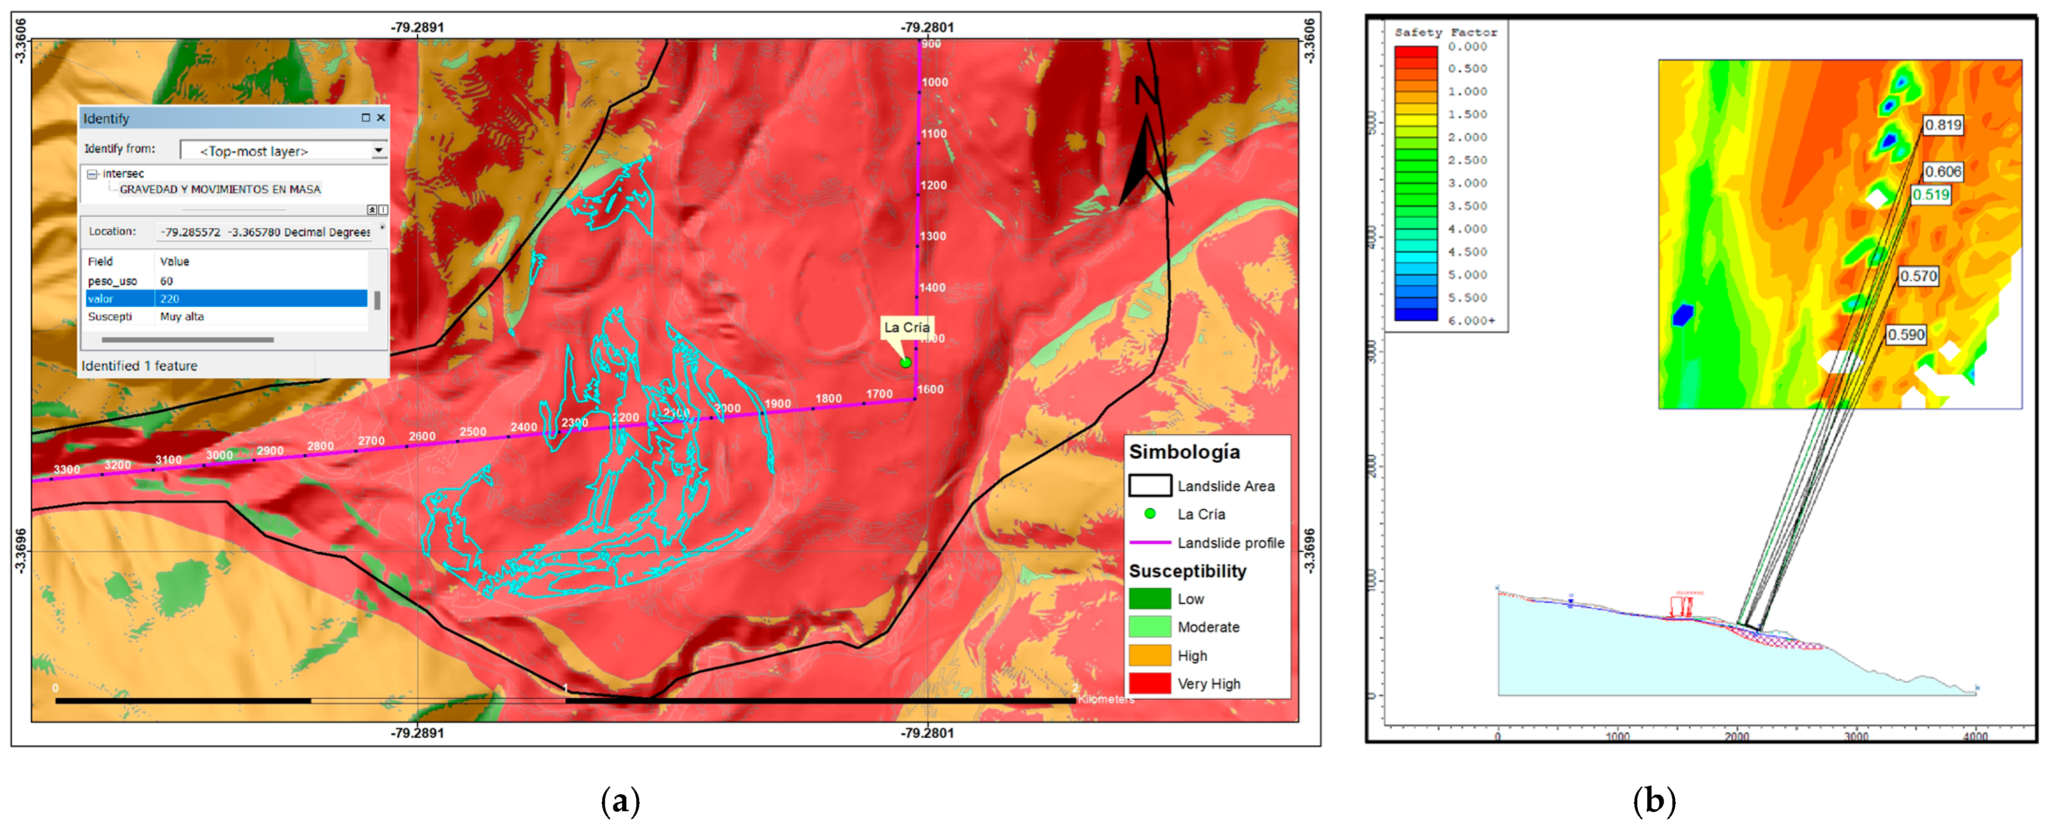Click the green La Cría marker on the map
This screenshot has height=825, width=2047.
(905, 362)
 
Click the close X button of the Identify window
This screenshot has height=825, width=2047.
(381, 118)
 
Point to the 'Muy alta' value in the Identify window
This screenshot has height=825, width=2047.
(182, 316)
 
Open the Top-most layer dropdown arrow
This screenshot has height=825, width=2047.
(379, 150)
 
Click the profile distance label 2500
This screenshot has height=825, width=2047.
(473, 432)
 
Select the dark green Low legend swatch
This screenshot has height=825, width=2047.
(1149, 599)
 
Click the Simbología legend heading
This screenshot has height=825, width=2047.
(1184, 452)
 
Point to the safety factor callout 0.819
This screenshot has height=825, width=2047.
(1943, 125)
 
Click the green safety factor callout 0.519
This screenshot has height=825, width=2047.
(1930, 195)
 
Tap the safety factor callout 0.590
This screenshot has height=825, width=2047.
(1906, 334)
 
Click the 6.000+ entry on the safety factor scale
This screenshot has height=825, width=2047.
(1471, 320)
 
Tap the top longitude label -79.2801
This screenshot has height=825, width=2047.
(927, 27)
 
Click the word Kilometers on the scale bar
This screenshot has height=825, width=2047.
(1106, 699)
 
